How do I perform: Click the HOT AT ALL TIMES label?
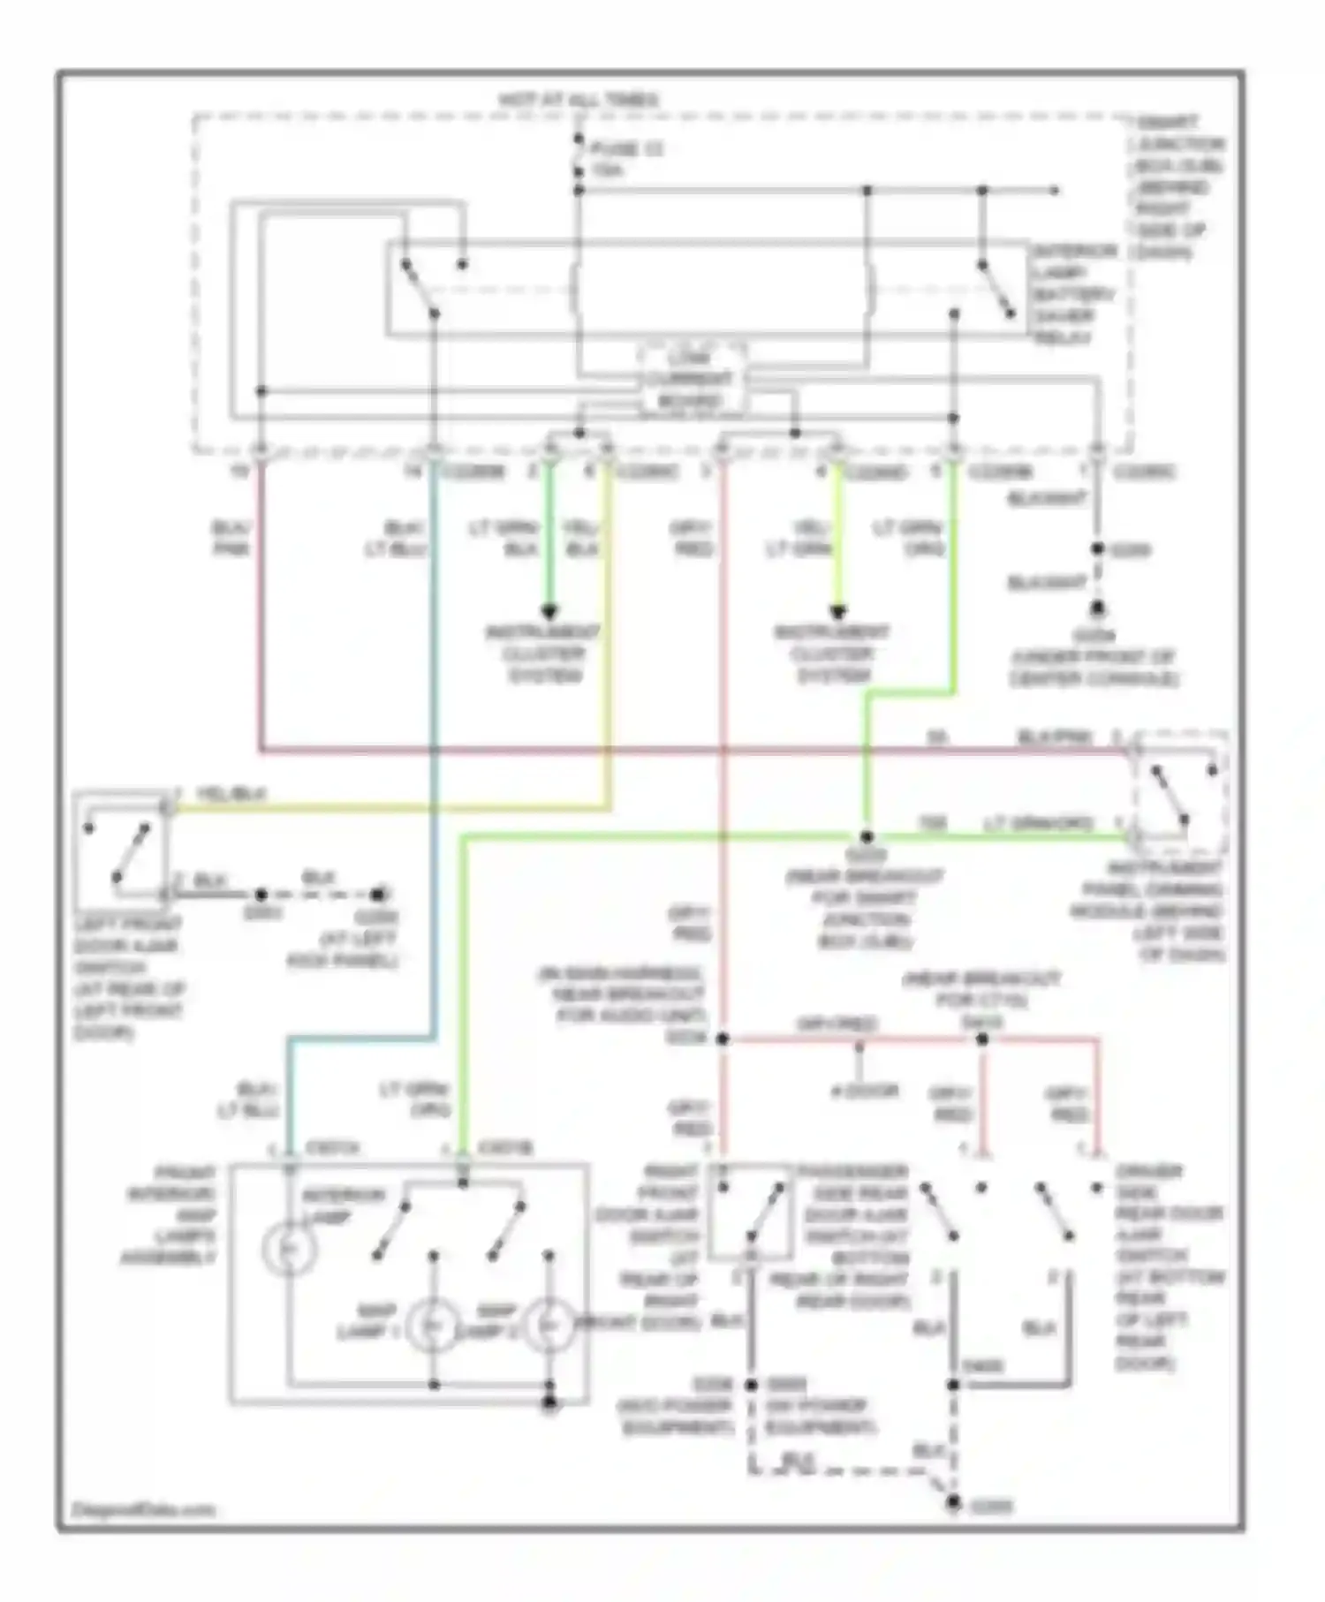point(579,100)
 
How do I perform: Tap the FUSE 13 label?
point(626,149)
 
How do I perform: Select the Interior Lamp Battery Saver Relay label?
point(1074,294)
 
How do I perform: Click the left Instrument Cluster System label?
point(544,654)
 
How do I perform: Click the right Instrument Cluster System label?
point(833,654)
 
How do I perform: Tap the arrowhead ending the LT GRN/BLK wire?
point(549,611)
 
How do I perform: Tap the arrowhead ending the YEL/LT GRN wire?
point(837,611)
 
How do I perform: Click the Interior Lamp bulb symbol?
point(289,1249)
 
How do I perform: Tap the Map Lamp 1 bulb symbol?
point(432,1326)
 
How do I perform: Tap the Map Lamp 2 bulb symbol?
point(549,1326)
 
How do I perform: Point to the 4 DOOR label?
point(864,1092)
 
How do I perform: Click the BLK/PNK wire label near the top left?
point(231,538)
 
